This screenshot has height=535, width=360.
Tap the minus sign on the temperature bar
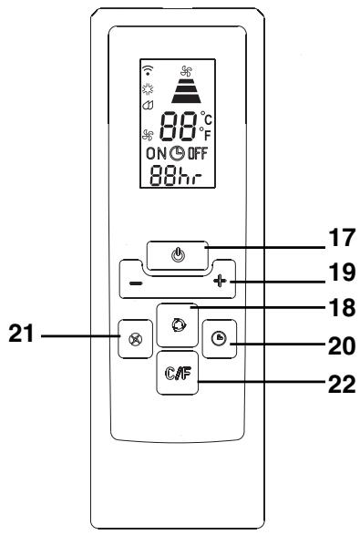[x=134, y=283]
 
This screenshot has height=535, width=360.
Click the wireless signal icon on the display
[x=147, y=69]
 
